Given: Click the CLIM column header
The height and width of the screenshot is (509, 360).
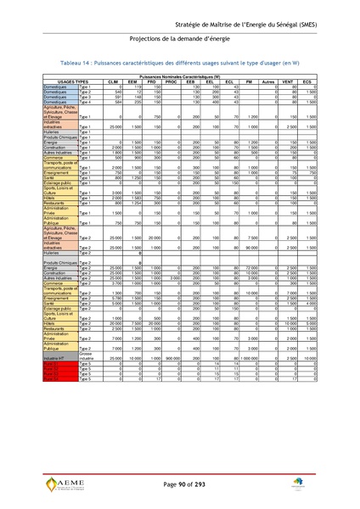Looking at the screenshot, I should point(113,81).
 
